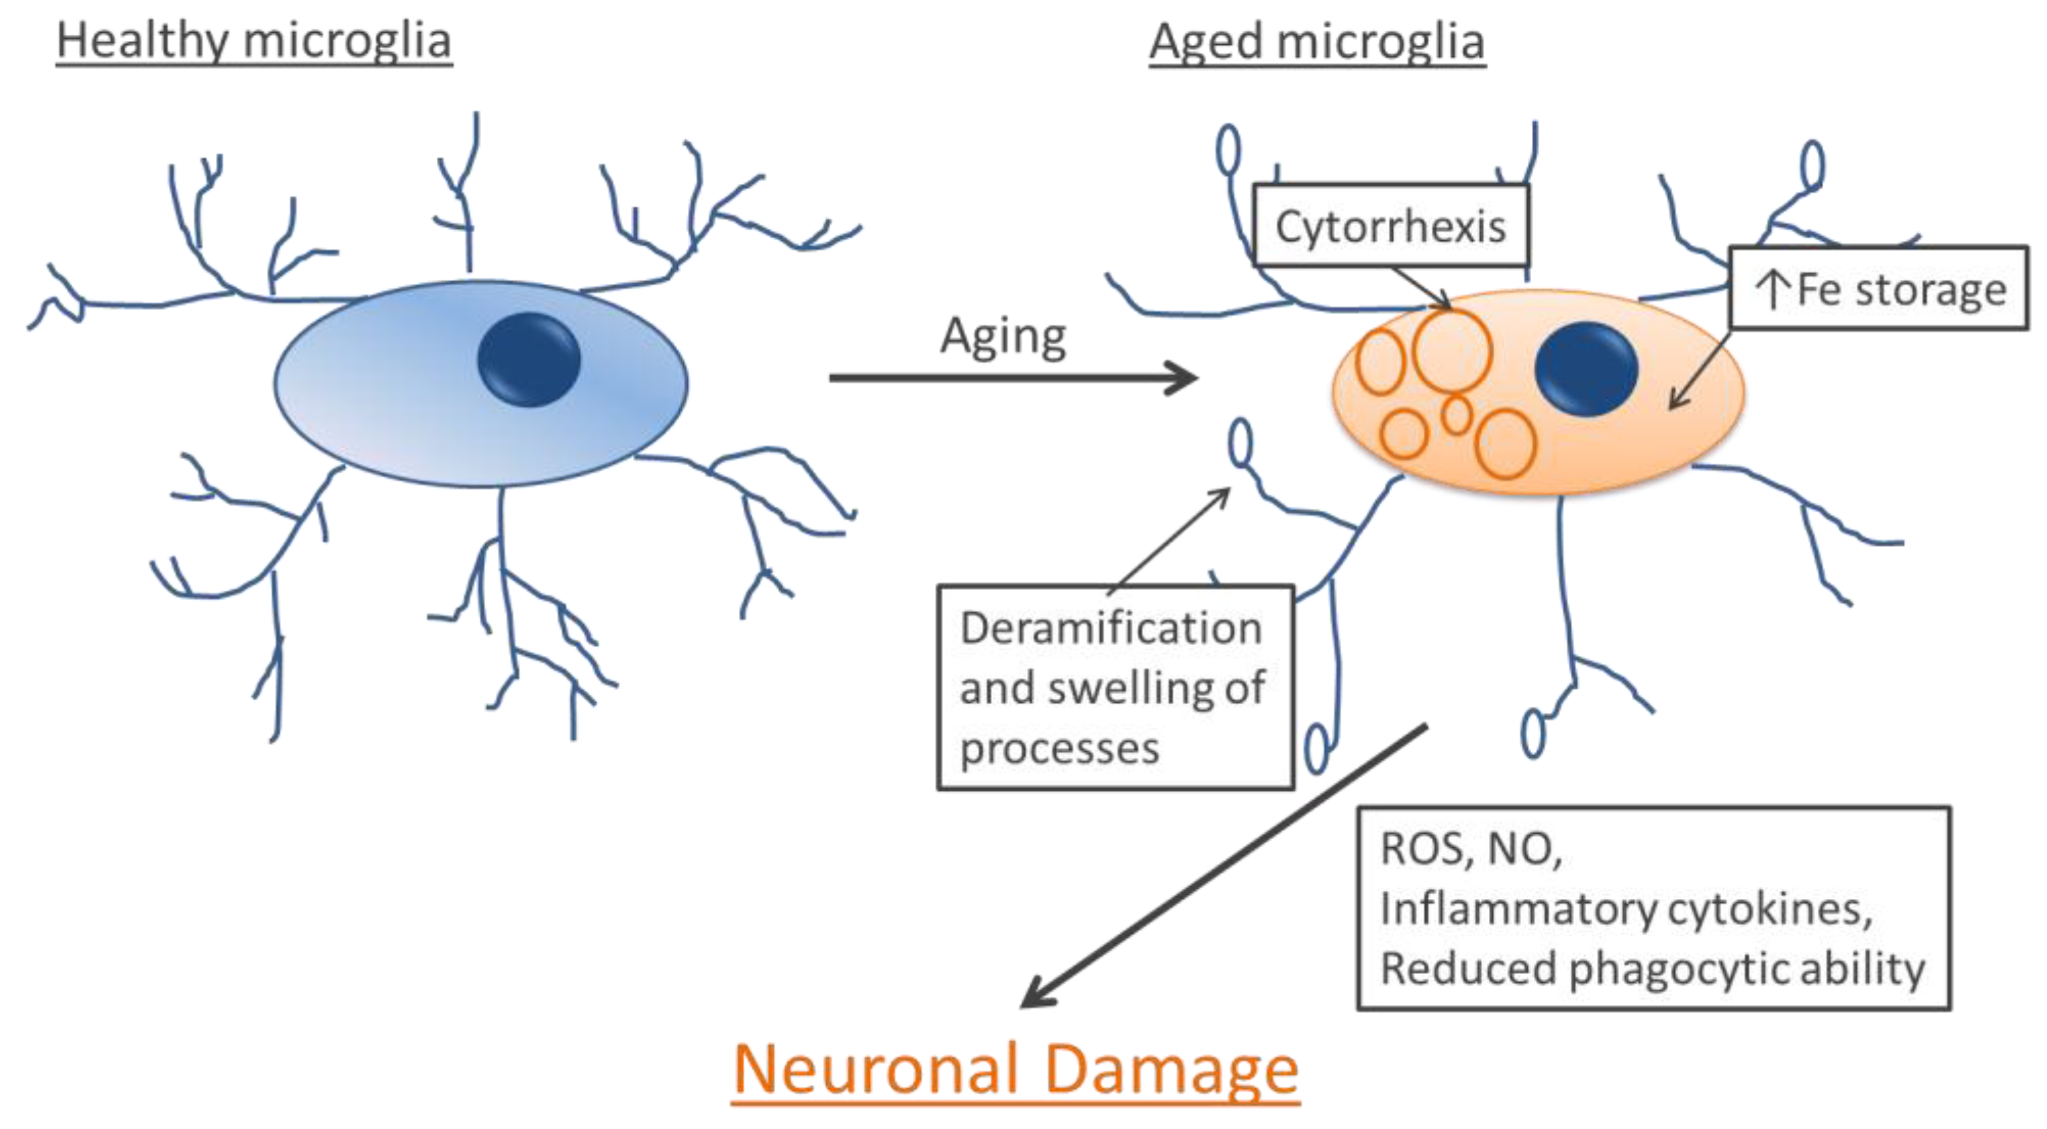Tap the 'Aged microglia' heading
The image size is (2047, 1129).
1317,42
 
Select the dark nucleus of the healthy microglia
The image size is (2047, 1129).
529,359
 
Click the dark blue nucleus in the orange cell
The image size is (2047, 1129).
1586,369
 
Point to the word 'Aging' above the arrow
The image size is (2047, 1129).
1003,337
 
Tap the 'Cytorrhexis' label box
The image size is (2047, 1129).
1390,227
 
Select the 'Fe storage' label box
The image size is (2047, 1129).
1878,289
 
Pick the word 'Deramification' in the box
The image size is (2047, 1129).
1111,628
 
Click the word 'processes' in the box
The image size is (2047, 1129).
1060,749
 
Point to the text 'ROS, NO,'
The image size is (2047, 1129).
1471,849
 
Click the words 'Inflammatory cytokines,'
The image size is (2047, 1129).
1626,908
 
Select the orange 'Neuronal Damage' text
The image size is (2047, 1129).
1015,1069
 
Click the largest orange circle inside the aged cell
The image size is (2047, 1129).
1452,351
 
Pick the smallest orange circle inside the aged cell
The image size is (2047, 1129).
1456,414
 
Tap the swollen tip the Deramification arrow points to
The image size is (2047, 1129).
1240,442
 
